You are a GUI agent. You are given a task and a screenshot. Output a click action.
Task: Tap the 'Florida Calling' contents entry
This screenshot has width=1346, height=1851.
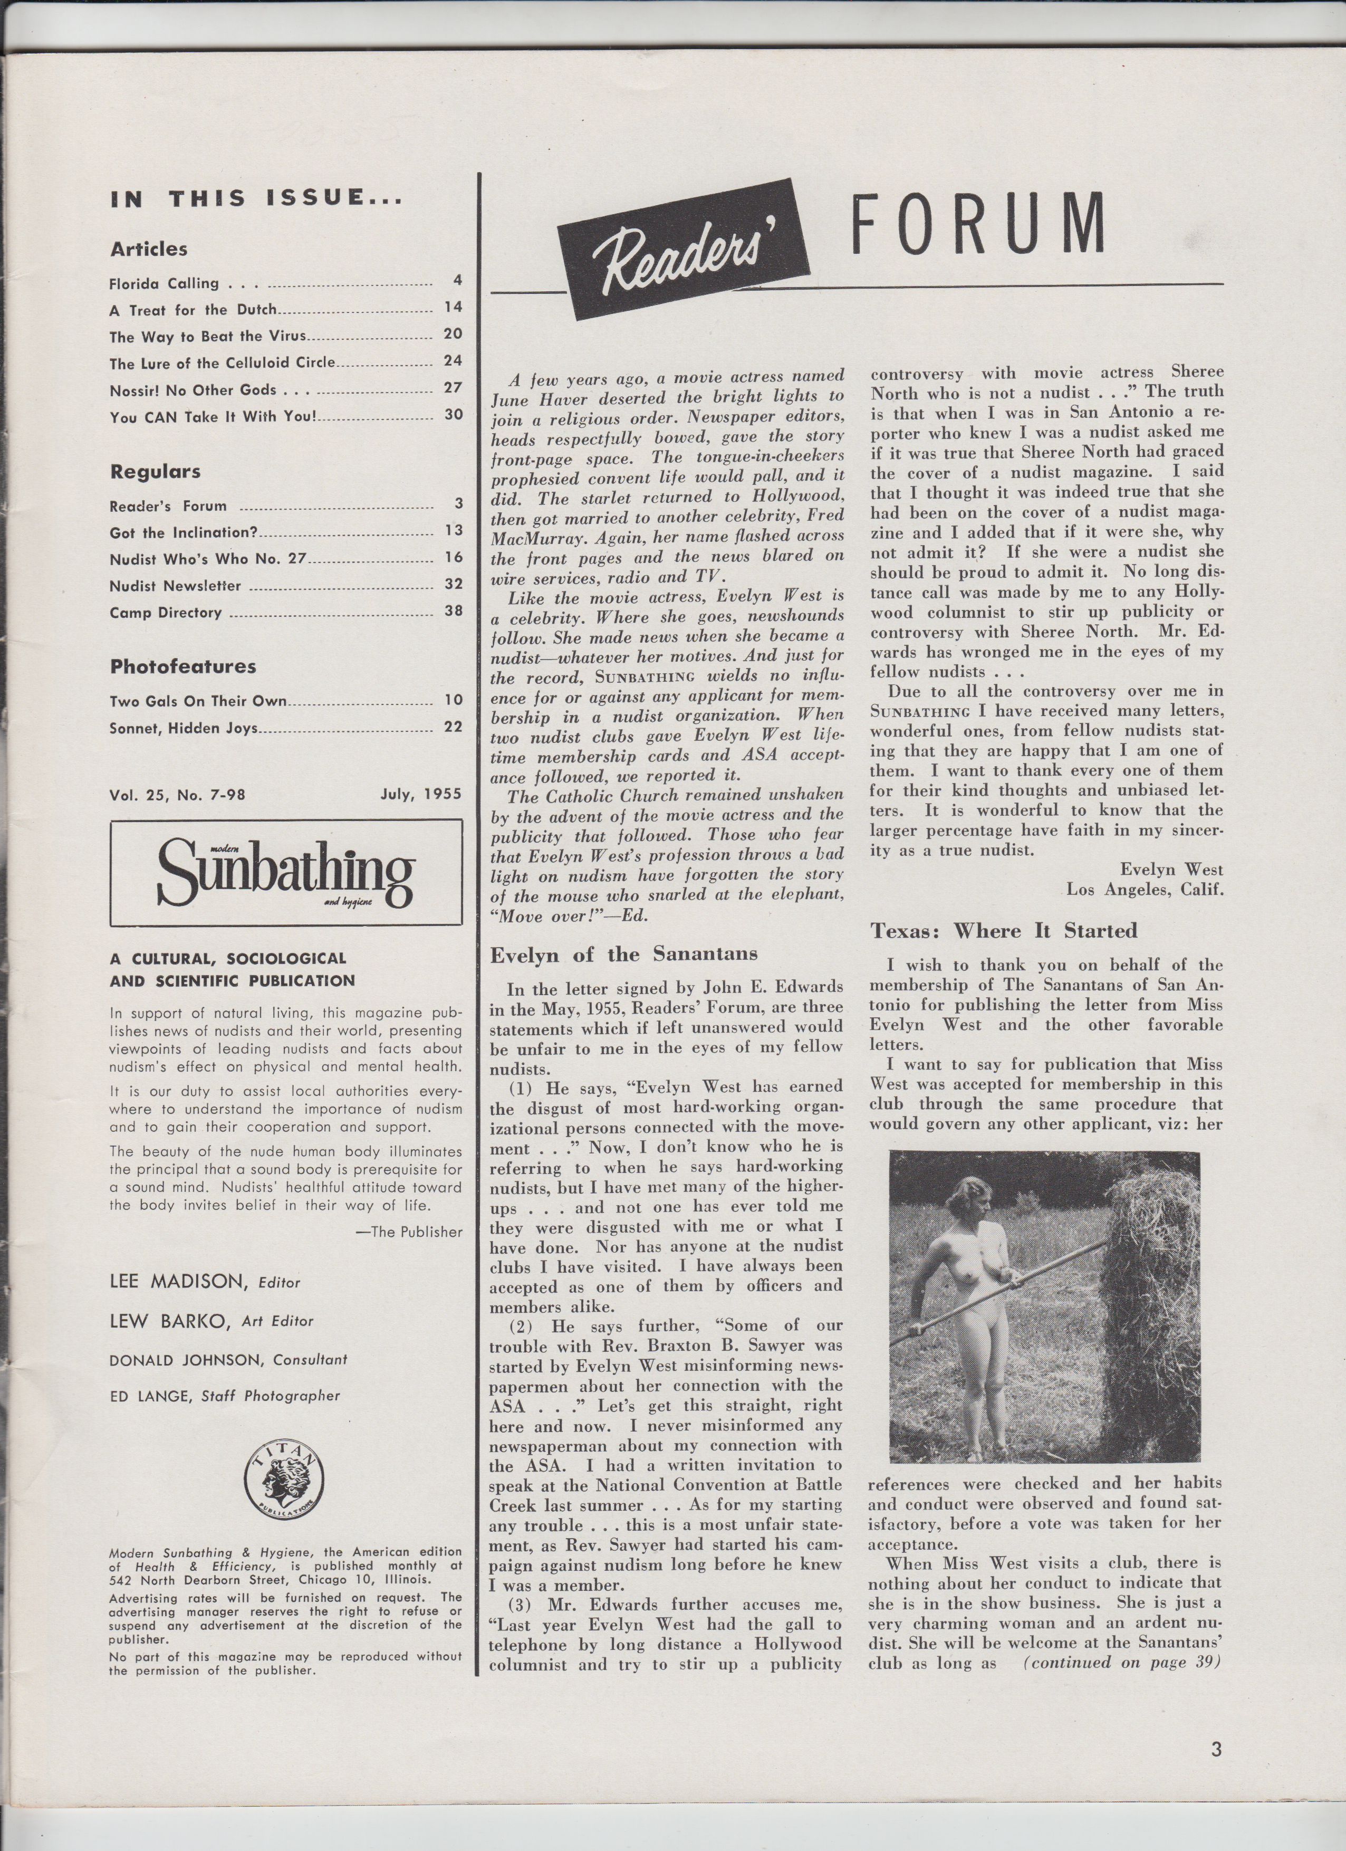tap(164, 284)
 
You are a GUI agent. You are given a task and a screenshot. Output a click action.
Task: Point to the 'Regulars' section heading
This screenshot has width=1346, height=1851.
tap(155, 472)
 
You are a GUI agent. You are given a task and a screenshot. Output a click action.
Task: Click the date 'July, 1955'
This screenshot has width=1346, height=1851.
tap(421, 793)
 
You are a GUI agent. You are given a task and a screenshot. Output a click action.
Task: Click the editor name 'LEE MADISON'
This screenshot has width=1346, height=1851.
tap(179, 1282)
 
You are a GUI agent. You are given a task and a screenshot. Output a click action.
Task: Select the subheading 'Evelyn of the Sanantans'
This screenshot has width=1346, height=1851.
tap(623, 953)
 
